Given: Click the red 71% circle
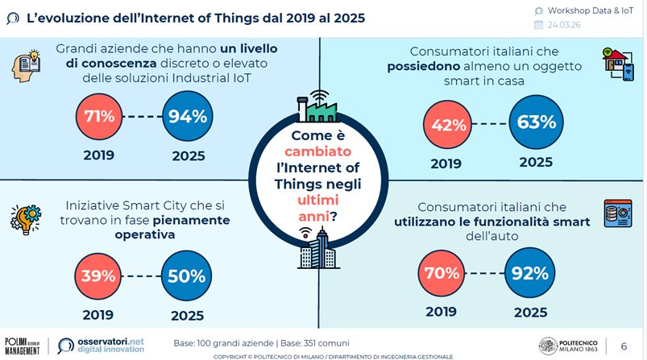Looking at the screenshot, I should coord(100,116).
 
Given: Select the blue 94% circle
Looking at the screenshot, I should coord(188,116).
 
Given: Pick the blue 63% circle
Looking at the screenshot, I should coord(536,123).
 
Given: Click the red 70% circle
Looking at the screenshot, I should coord(442,271).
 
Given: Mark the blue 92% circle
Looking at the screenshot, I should coord(531,271).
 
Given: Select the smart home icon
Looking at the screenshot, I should coord(617,63).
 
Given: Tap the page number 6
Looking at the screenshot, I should coord(624,346).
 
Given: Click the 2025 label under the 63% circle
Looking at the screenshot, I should coord(536,162).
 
